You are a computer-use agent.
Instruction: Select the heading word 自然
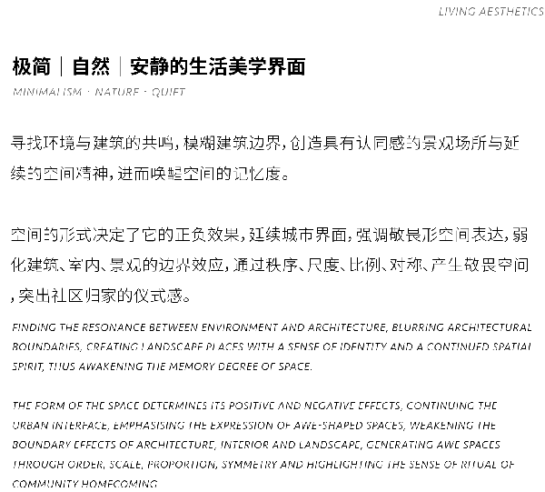click(x=91, y=66)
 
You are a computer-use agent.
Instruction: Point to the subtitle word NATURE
click(x=116, y=93)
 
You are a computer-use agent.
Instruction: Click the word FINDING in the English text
click(x=33, y=326)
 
